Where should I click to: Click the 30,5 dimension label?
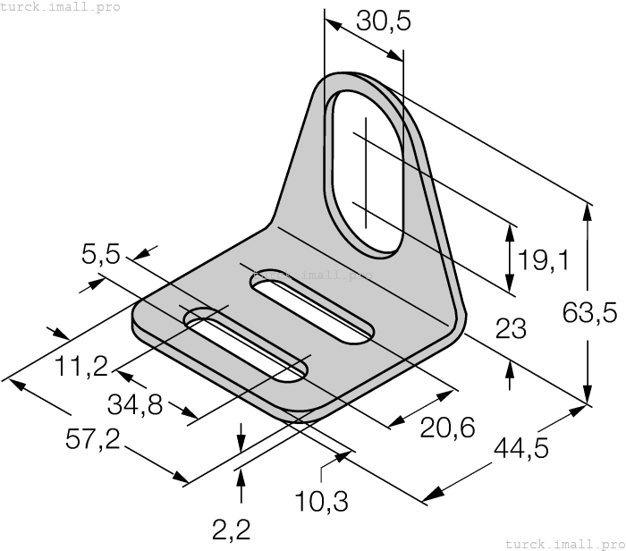pos(383,20)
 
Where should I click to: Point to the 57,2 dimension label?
pos(98,438)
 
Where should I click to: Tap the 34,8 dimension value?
pos(135,405)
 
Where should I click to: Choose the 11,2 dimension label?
pos(81,365)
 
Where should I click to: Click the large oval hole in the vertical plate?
pos(366,171)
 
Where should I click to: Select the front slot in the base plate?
pos(246,346)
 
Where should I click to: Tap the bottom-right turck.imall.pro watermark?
pos(564,543)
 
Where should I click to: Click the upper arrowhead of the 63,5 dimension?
pos(588,213)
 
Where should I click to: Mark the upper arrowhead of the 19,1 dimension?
pos(510,233)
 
